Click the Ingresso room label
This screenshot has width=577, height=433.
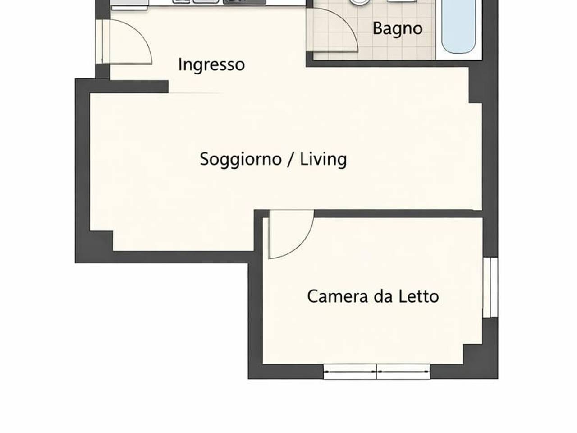tap(211, 64)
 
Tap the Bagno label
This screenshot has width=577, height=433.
tap(397, 28)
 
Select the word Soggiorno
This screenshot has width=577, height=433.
tap(241, 159)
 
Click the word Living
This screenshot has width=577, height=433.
tap(323, 159)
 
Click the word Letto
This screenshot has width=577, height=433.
tap(419, 296)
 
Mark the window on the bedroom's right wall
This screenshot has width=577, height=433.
tap(490, 287)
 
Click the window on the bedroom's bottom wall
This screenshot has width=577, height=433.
tap(377, 372)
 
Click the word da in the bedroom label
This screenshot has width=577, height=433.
tap(383, 296)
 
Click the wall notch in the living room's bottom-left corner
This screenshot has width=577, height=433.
tap(101, 241)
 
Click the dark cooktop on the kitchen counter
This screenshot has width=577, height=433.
tap(244, 1)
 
